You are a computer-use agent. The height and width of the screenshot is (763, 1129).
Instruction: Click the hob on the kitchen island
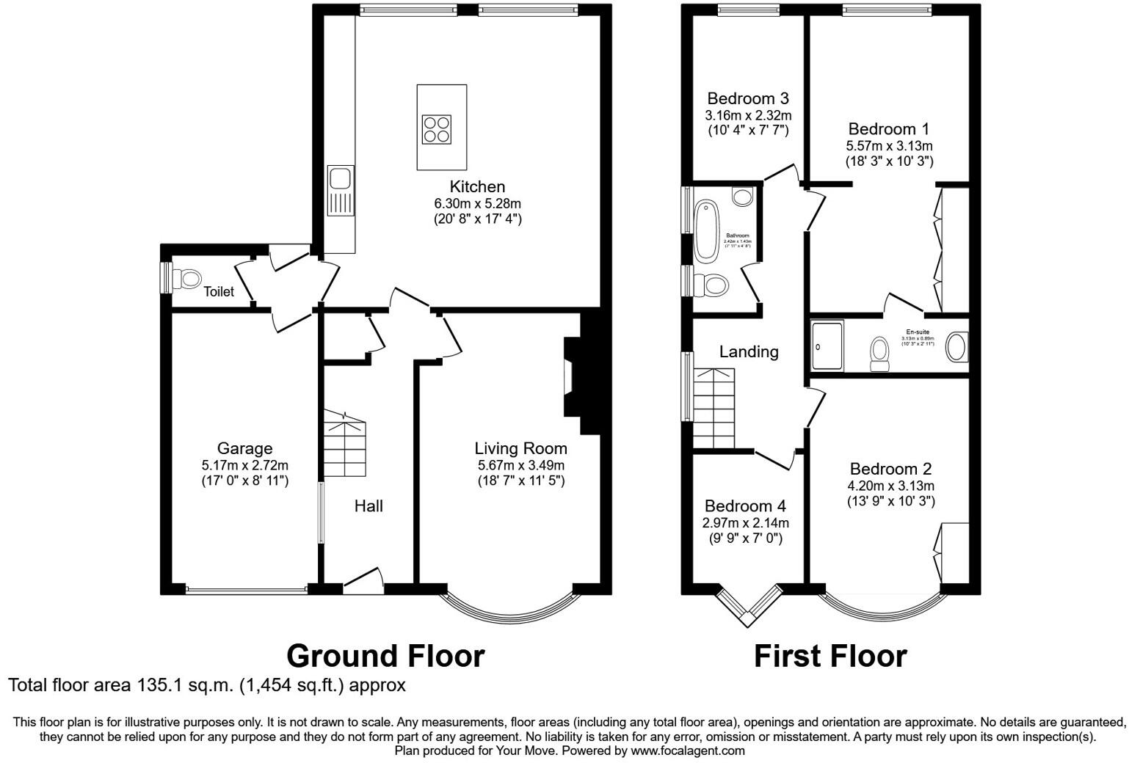436,130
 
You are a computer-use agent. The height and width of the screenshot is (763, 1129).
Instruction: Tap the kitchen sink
340,178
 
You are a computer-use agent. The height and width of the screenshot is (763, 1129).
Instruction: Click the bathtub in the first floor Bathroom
706,230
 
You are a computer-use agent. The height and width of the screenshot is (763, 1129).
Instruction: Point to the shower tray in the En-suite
827,345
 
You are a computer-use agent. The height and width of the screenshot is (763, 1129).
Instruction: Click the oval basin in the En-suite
956,347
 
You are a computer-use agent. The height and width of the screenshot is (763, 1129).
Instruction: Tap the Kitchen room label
477,186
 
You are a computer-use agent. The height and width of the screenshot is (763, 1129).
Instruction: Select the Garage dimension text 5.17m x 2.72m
244,465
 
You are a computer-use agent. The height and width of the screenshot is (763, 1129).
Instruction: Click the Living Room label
520,448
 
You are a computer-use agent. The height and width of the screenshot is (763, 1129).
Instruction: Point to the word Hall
369,505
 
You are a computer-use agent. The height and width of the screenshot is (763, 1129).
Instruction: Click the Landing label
748,351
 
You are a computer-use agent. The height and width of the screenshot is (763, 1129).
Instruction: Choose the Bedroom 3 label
748,98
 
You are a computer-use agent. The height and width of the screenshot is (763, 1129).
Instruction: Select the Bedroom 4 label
745,505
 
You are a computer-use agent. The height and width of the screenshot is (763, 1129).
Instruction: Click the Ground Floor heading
385,655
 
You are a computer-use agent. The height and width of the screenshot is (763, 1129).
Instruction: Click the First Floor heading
829,655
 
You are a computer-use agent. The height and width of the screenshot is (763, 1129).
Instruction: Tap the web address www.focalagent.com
687,751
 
